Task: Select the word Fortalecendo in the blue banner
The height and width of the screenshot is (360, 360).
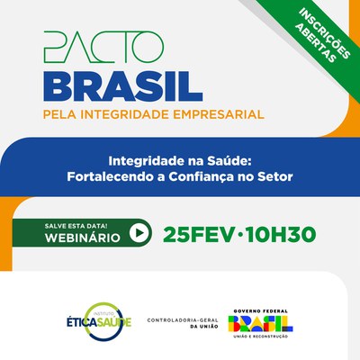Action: (110, 175)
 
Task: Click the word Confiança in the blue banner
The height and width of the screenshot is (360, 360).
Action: (202, 175)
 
